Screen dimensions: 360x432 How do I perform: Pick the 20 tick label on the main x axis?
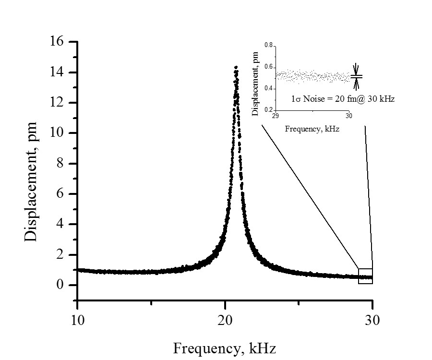pos(225,320)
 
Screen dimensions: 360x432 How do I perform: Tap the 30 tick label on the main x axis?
pos(372,320)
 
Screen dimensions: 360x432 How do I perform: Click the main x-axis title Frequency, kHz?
pos(224,347)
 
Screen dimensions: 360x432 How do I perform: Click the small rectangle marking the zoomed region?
pos(365,276)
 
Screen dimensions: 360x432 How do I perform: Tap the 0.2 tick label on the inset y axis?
pos(268,110)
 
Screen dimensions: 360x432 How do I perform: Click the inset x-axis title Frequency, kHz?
pos(312,129)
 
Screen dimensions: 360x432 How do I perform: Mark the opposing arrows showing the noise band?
pos(356,76)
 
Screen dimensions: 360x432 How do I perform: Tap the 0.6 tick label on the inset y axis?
pos(268,67)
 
